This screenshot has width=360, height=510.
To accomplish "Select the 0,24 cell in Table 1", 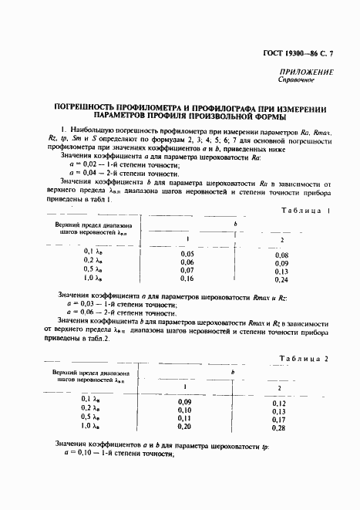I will [281, 279].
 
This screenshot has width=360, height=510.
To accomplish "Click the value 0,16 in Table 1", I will [187, 279].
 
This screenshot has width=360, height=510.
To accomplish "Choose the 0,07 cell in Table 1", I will [187, 270].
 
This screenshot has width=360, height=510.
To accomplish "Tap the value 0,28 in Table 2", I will [279, 428].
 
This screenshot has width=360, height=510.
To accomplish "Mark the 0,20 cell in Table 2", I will [184, 427].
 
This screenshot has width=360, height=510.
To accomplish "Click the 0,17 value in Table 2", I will [279, 420].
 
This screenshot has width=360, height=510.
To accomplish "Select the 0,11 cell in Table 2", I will [184, 418].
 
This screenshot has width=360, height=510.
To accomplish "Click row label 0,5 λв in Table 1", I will [93, 270].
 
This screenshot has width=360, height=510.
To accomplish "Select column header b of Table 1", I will [234, 224].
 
